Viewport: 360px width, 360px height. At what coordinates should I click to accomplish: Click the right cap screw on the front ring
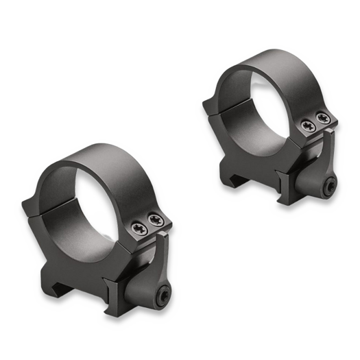coord(156,219)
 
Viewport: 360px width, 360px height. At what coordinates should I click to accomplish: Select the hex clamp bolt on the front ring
coord(166,295)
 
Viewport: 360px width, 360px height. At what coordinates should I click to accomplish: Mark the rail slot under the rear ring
coord(237,171)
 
